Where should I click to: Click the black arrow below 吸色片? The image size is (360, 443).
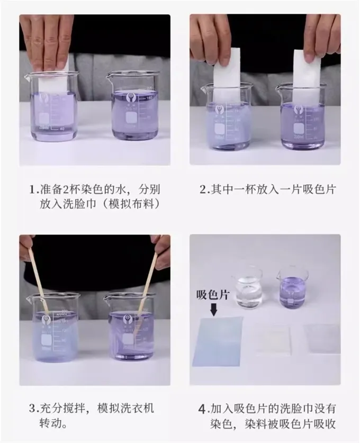(214, 309)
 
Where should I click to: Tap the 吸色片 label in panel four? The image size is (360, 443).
(213, 295)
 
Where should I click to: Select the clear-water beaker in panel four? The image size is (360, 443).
(246, 288)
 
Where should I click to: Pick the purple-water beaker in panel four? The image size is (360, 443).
(292, 288)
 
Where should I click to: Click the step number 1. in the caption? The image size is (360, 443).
(34, 189)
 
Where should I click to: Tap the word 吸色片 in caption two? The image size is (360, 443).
(318, 189)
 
